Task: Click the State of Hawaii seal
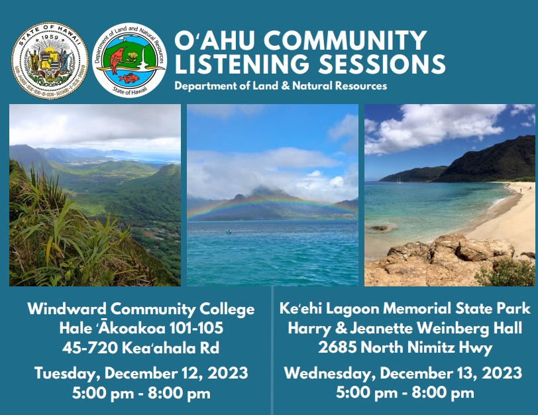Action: click(50, 60)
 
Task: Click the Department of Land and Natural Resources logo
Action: click(129, 60)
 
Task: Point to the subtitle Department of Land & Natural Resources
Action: click(280, 86)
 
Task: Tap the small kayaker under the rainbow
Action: click(229, 231)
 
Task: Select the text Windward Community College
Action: click(140, 309)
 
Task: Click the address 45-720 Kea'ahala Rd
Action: click(140, 347)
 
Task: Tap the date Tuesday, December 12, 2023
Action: click(140, 373)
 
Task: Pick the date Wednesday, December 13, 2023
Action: click(403, 373)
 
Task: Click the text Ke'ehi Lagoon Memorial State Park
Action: click(405, 309)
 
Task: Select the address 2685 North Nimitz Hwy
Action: click(405, 347)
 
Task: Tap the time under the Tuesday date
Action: click(140, 392)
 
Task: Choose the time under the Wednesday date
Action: click(405, 392)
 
